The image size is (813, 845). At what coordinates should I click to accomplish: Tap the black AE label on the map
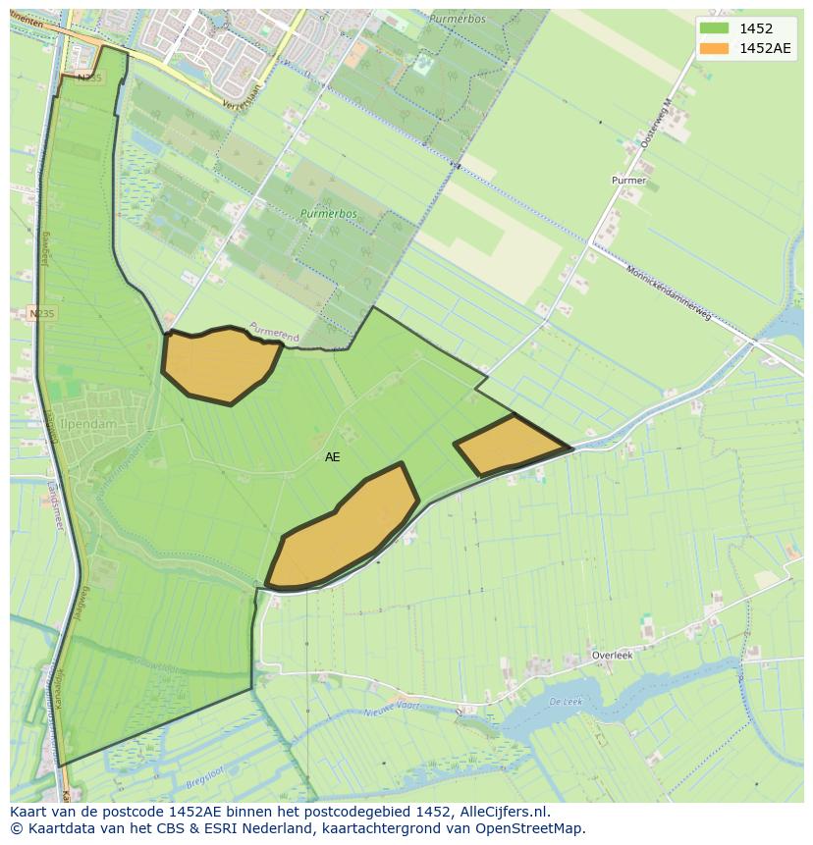coord(333,457)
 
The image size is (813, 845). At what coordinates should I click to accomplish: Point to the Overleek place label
coord(612,655)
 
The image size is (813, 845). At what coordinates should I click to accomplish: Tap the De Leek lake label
coord(567,701)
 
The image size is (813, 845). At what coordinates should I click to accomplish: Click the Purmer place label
coord(628,181)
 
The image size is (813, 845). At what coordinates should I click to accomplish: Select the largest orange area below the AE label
coord(344,530)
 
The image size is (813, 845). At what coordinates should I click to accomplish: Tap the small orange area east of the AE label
coord(510,445)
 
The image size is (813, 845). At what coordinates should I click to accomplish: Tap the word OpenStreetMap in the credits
coord(531,828)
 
